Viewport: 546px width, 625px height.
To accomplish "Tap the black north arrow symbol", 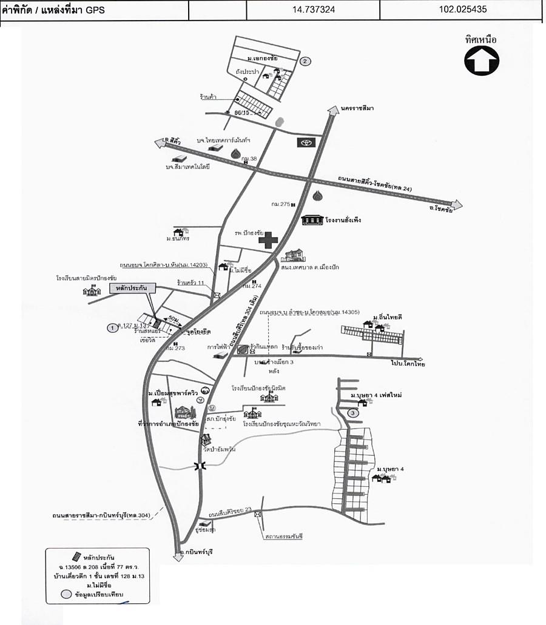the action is (x=482, y=61).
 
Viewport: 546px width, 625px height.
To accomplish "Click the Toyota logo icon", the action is (x=305, y=142).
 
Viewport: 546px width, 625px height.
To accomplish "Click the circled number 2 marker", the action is (x=306, y=61).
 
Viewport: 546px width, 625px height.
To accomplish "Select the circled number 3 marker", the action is (x=353, y=413).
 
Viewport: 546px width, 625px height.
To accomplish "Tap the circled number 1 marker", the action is (x=112, y=328).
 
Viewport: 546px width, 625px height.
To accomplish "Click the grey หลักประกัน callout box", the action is (x=133, y=289).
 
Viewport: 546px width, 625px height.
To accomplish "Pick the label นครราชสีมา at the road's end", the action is (x=357, y=108).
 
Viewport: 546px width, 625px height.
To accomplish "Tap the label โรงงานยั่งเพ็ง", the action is (x=343, y=219).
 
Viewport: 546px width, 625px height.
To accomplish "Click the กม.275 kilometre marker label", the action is (x=280, y=205).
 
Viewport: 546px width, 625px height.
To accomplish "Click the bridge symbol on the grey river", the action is (x=200, y=466).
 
